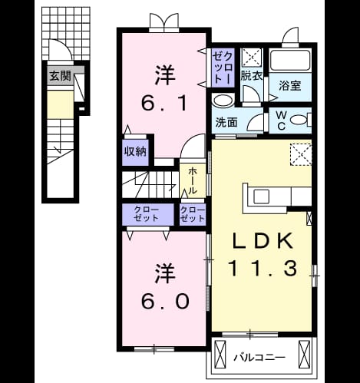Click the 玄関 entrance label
coord(60,76)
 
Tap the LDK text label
coord(263,241)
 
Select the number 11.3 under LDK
coord(263,269)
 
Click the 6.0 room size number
coord(165,301)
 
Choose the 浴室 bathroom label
coord(290,86)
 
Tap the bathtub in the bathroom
coord(290,60)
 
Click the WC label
coord(282,121)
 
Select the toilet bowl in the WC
coord(299,120)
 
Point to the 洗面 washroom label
coord(226,123)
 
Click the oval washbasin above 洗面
coord(223,101)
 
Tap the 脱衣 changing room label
coord(252,75)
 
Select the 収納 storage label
coord(135,152)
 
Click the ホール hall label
coord(193,181)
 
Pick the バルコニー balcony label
coord(259,358)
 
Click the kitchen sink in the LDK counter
coord(261,196)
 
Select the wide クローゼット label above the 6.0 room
coord(147,214)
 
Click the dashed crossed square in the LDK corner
coord(301,155)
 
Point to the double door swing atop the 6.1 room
coord(164,21)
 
